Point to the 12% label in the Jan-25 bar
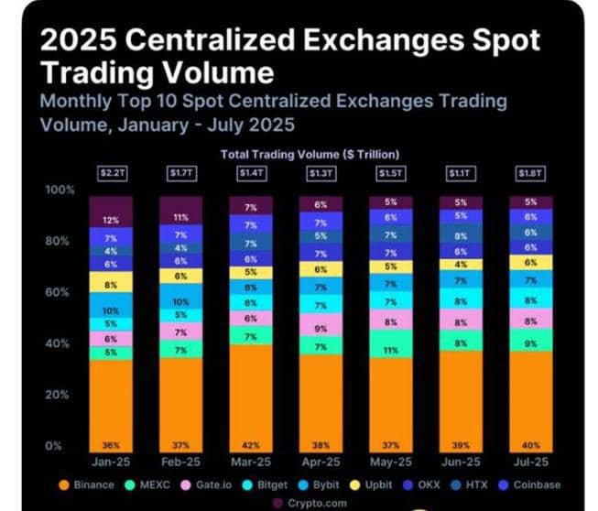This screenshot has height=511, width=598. click(112, 220)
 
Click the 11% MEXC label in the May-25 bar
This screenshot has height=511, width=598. click(391, 351)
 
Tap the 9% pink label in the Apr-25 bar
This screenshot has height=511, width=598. click(321, 328)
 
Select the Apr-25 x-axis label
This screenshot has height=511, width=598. click(321, 462)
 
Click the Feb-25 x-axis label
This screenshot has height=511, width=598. click(180, 462)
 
